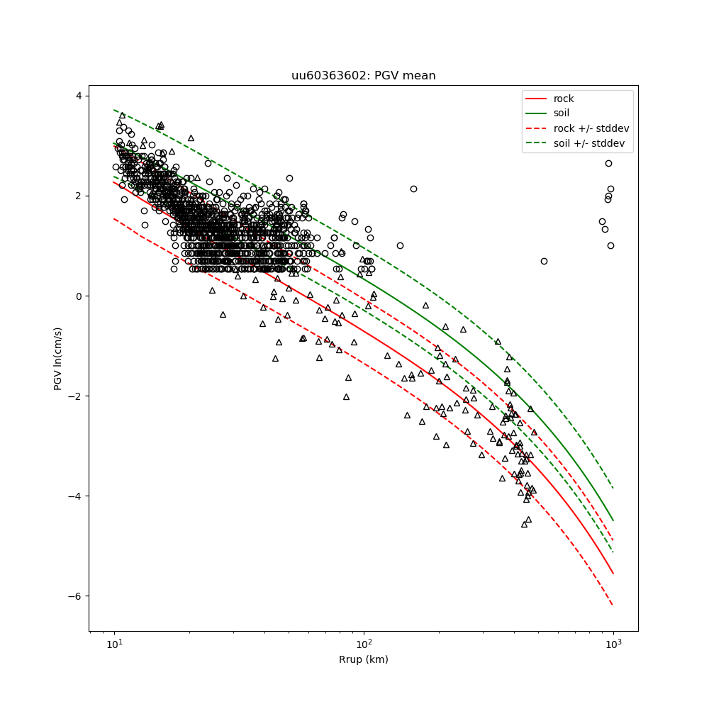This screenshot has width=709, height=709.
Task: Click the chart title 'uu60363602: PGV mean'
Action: click(x=363, y=76)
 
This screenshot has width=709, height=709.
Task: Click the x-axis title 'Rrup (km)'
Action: click(x=363, y=659)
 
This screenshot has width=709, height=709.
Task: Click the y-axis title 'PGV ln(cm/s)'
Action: click(x=58, y=358)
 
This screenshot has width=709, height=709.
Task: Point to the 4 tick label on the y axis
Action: click(x=79, y=96)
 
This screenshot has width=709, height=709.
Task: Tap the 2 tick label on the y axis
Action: click(x=79, y=196)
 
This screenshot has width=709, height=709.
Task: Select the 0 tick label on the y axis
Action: click(x=79, y=296)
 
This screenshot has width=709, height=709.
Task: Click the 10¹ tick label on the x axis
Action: click(x=114, y=644)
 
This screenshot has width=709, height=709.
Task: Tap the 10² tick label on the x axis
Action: click(x=364, y=644)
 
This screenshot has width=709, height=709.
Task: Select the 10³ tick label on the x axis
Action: click(x=613, y=644)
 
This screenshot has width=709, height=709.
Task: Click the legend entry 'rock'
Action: click(x=564, y=99)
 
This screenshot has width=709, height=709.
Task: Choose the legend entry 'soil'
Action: click(x=562, y=113)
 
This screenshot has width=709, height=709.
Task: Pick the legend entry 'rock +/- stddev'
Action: click(x=591, y=128)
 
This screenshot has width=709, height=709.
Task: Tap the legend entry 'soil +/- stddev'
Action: click(x=591, y=143)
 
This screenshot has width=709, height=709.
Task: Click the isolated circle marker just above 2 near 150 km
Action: click(x=413, y=189)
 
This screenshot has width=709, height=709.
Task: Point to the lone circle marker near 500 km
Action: click(x=544, y=261)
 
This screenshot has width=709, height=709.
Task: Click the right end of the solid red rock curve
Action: click(x=613, y=574)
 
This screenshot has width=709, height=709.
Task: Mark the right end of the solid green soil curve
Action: click(x=613, y=521)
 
